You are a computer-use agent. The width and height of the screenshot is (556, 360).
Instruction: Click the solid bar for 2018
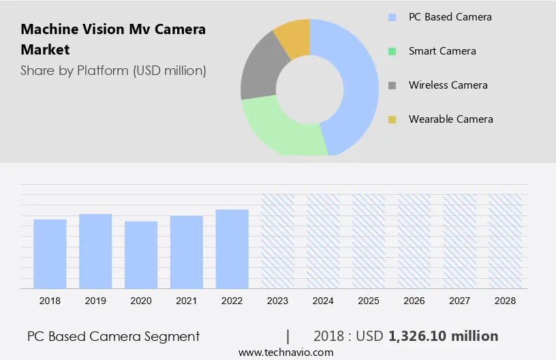coord(50,254)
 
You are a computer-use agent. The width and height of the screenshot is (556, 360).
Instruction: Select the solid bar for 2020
coord(141,255)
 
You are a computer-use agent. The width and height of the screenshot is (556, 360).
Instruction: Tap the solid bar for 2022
coord(232,249)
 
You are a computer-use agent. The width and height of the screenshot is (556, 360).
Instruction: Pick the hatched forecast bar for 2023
coord(277,241)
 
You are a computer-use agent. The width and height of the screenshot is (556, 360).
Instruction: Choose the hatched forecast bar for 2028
coord(505,241)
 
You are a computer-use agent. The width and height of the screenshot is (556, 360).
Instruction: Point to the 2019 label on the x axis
coord(95,300)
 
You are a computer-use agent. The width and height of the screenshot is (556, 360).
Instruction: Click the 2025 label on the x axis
coord(369,300)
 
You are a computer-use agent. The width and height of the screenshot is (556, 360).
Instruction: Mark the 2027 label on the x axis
coord(460,300)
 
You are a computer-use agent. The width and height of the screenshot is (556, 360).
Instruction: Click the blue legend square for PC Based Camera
coord(392,17)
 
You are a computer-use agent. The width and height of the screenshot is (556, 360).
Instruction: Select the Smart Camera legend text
coord(442,51)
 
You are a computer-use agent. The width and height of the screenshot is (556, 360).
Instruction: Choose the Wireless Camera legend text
coord(448,85)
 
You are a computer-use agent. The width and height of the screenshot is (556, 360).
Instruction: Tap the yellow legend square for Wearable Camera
coord(392,119)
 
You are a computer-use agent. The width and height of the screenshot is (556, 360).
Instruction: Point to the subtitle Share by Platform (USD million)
coord(113,70)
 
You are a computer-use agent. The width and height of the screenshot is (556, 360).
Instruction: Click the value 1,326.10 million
coord(443,336)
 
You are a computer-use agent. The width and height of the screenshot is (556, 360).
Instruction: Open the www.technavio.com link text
coord(285,352)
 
